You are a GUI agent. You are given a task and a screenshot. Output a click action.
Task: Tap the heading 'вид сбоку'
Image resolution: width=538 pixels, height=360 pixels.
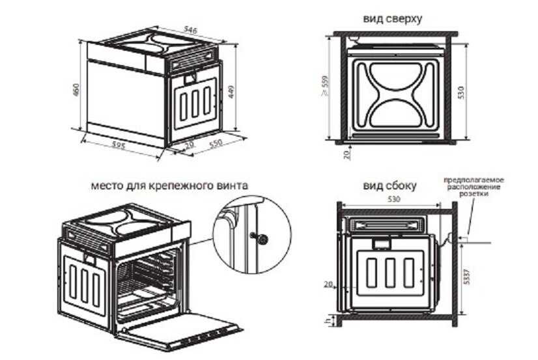pyautogui.click(x=389, y=186)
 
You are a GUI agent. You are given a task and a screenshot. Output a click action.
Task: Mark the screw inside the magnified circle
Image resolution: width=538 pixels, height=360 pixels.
pyautogui.click(x=260, y=237)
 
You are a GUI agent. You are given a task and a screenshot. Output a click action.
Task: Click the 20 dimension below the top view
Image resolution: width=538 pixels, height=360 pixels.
pyautogui.click(x=346, y=154)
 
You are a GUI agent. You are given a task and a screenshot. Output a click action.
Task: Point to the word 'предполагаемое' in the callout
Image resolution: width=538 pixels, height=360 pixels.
pyautogui.click(x=474, y=180)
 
